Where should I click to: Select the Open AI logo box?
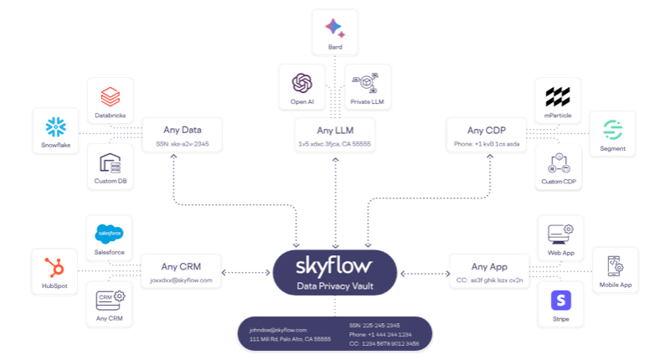(x=302, y=88)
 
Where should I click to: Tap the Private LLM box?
(x=367, y=88)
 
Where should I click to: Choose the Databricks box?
(x=111, y=101)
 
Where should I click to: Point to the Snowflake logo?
(x=55, y=127)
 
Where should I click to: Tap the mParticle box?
(x=558, y=101)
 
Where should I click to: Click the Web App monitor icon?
(x=559, y=232)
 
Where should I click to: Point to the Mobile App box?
(x=615, y=273)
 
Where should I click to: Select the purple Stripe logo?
(x=559, y=300)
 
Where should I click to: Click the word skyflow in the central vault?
(x=335, y=267)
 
